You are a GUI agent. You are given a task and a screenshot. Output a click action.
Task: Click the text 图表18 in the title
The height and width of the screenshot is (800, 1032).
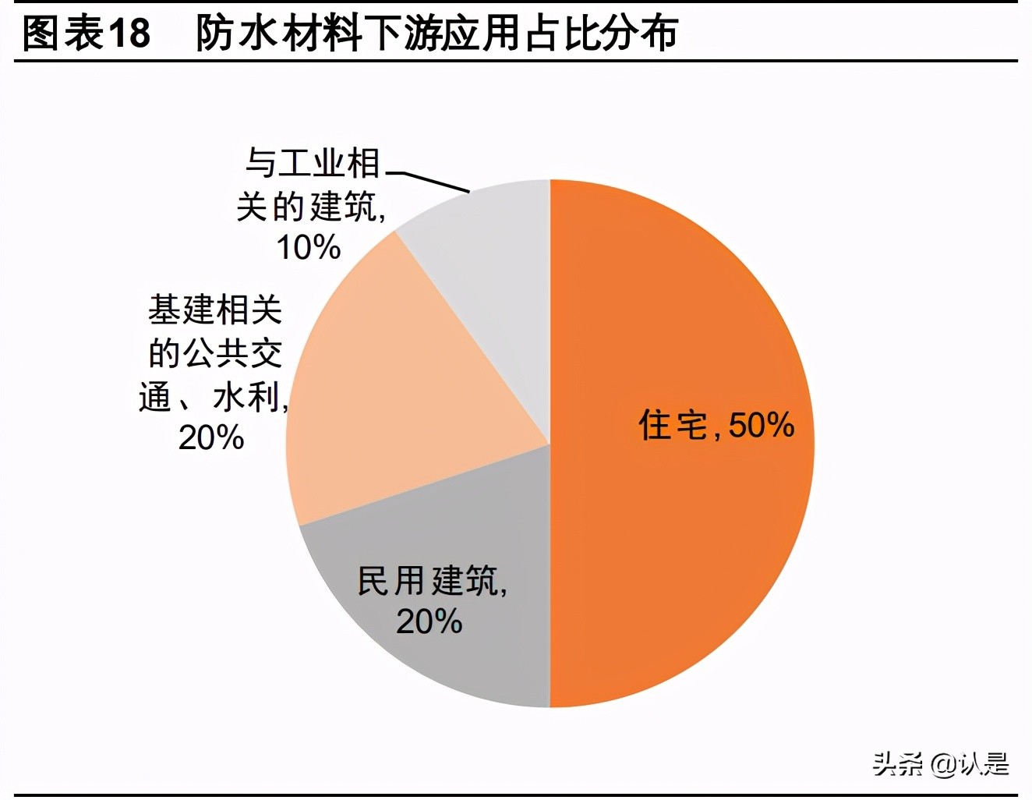point(87,34)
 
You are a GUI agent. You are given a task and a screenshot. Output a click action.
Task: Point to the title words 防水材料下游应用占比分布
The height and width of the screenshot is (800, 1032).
point(436,34)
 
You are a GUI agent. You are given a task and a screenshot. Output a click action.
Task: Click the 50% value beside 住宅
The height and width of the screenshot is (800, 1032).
point(762,426)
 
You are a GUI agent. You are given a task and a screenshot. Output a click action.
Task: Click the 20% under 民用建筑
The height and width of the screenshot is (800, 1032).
point(429,622)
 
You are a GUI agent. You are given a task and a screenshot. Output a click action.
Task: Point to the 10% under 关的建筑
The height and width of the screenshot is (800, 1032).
point(309,248)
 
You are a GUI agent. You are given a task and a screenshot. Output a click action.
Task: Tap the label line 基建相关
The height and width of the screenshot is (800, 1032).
point(215,310)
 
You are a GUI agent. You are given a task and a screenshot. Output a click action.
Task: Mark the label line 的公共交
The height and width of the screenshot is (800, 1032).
point(215,353)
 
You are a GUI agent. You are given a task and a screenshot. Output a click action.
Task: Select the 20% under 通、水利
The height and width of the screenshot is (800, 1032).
point(211,438)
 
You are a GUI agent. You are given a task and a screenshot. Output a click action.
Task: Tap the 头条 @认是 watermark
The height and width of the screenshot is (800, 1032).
point(940,764)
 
